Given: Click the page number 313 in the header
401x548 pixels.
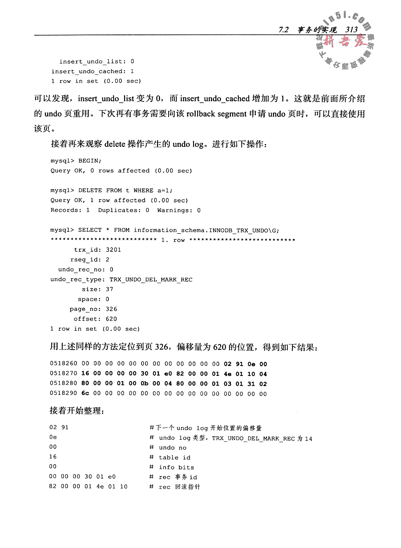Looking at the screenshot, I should [x=351, y=30].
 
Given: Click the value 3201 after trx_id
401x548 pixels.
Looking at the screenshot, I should [x=113, y=250].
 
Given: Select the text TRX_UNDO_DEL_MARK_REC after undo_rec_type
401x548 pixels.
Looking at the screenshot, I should [x=151, y=280].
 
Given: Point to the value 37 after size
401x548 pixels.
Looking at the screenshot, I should [x=109, y=289].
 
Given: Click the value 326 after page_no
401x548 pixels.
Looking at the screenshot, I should [x=111, y=309].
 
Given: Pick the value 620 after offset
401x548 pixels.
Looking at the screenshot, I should [x=111, y=319].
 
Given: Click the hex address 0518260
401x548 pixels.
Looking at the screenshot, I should [x=63, y=364].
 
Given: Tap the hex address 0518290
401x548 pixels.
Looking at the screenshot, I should [x=63, y=393].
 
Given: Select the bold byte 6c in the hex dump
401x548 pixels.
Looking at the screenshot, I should [x=85, y=393].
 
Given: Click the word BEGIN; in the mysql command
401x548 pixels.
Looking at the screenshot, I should [x=89, y=161].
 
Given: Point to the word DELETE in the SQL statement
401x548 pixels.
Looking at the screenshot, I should [x=90, y=191].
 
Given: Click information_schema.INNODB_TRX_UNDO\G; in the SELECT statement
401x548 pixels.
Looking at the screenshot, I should [x=206, y=230].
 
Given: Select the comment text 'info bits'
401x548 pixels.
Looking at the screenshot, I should [x=176, y=468].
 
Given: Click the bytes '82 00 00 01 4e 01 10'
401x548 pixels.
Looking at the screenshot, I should [x=88, y=486].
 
